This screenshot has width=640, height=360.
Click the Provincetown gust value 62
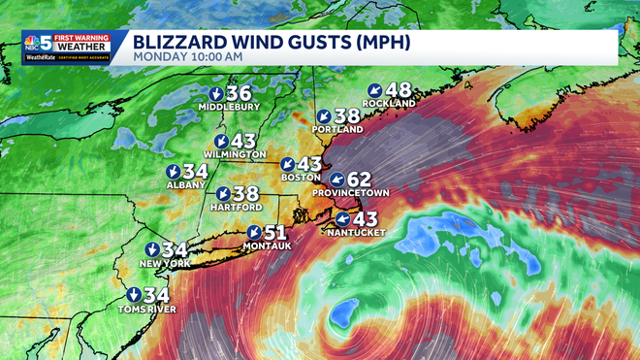(x=359, y=180)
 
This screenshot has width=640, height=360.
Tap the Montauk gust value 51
(x=275, y=233)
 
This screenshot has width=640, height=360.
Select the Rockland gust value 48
(x=399, y=90)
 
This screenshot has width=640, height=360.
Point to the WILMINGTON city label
(x=234, y=154)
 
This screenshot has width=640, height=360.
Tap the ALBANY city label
(x=186, y=184)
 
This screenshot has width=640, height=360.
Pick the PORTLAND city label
(x=337, y=129)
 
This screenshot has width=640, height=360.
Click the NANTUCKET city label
(x=357, y=233)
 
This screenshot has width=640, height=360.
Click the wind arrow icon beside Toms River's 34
(x=133, y=295)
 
